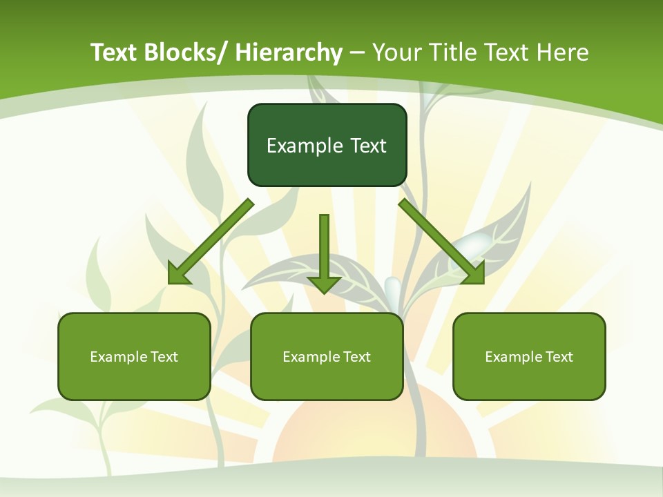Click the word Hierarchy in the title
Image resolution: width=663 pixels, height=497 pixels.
289,53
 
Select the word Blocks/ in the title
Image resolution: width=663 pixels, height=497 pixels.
184,53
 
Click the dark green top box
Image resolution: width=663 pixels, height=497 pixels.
327,145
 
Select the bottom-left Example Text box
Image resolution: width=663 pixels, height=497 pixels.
134,356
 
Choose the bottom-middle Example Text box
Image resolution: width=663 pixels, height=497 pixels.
327,356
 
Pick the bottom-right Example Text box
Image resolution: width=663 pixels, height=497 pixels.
529,356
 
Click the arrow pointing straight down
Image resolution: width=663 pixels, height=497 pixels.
324,248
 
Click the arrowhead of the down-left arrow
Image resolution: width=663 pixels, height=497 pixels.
179,273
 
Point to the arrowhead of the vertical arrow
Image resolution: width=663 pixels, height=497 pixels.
324,283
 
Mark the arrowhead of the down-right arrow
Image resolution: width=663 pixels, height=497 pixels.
474,273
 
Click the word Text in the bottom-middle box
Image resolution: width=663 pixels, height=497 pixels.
356,357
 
